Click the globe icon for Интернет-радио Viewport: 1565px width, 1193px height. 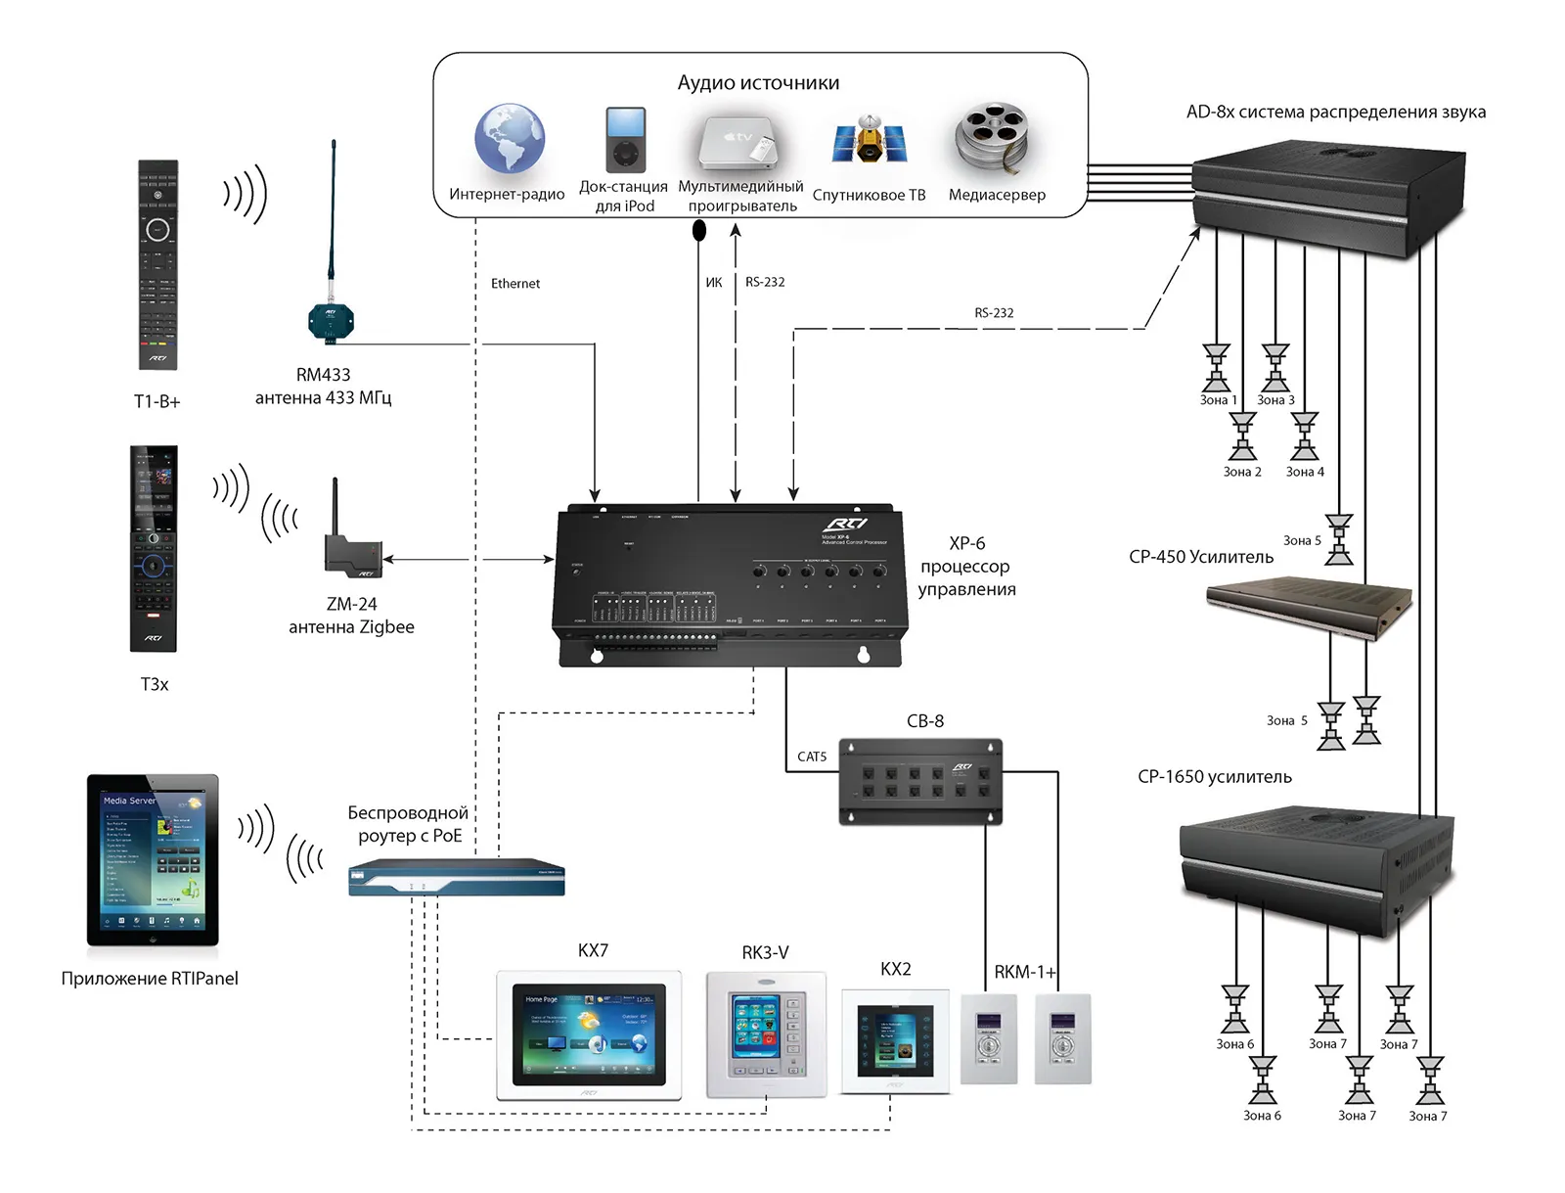pyautogui.click(x=509, y=139)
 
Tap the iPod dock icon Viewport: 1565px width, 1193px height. pyautogui.click(x=625, y=140)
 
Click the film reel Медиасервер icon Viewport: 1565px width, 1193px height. pyautogui.click(x=992, y=137)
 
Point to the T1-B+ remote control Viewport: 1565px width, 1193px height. pyautogui.click(x=157, y=264)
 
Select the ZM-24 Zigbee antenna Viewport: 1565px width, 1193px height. pyautogui.click(x=351, y=553)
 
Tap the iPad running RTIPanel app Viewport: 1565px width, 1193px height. pyautogui.click(x=153, y=860)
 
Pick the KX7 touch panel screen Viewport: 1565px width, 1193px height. pyautogui.click(x=589, y=1034)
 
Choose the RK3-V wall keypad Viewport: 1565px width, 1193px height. pyautogui.click(x=766, y=1035)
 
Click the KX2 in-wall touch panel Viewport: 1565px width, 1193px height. pyautogui.click(x=895, y=1041)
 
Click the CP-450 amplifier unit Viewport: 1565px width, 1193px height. pyautogui.click(x=1309, y=606)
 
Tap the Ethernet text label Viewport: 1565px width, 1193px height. pyautogui.click(x=515, y=284)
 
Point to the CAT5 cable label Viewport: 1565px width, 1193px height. pyautogui.click(x=812, y=757)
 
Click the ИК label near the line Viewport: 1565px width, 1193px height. pyautogui.click(x=714, y=283)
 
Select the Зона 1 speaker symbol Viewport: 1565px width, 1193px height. pyautogui.click(x=1216, y=367)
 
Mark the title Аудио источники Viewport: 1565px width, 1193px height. pyautogui.click(x=758, y=83)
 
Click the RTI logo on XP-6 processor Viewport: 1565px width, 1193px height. pyautogui.click(x=844, y=524)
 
